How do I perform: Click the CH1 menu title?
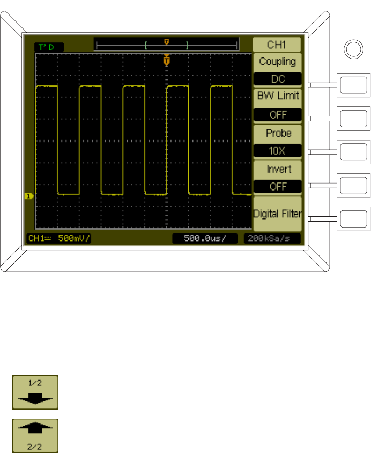(x=277, y=44)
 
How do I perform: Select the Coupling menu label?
(x=277, y=62)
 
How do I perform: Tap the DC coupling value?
(x=277, y=79)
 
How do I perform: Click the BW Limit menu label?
(x=277, y=97)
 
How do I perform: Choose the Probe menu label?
(x=277, y=133)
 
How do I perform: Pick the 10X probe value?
(x=277, y=150)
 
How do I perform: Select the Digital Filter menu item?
(x=277, y=214)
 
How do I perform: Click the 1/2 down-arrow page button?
(x=35, y=393)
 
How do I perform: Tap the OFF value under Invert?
(x=277, y=186)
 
